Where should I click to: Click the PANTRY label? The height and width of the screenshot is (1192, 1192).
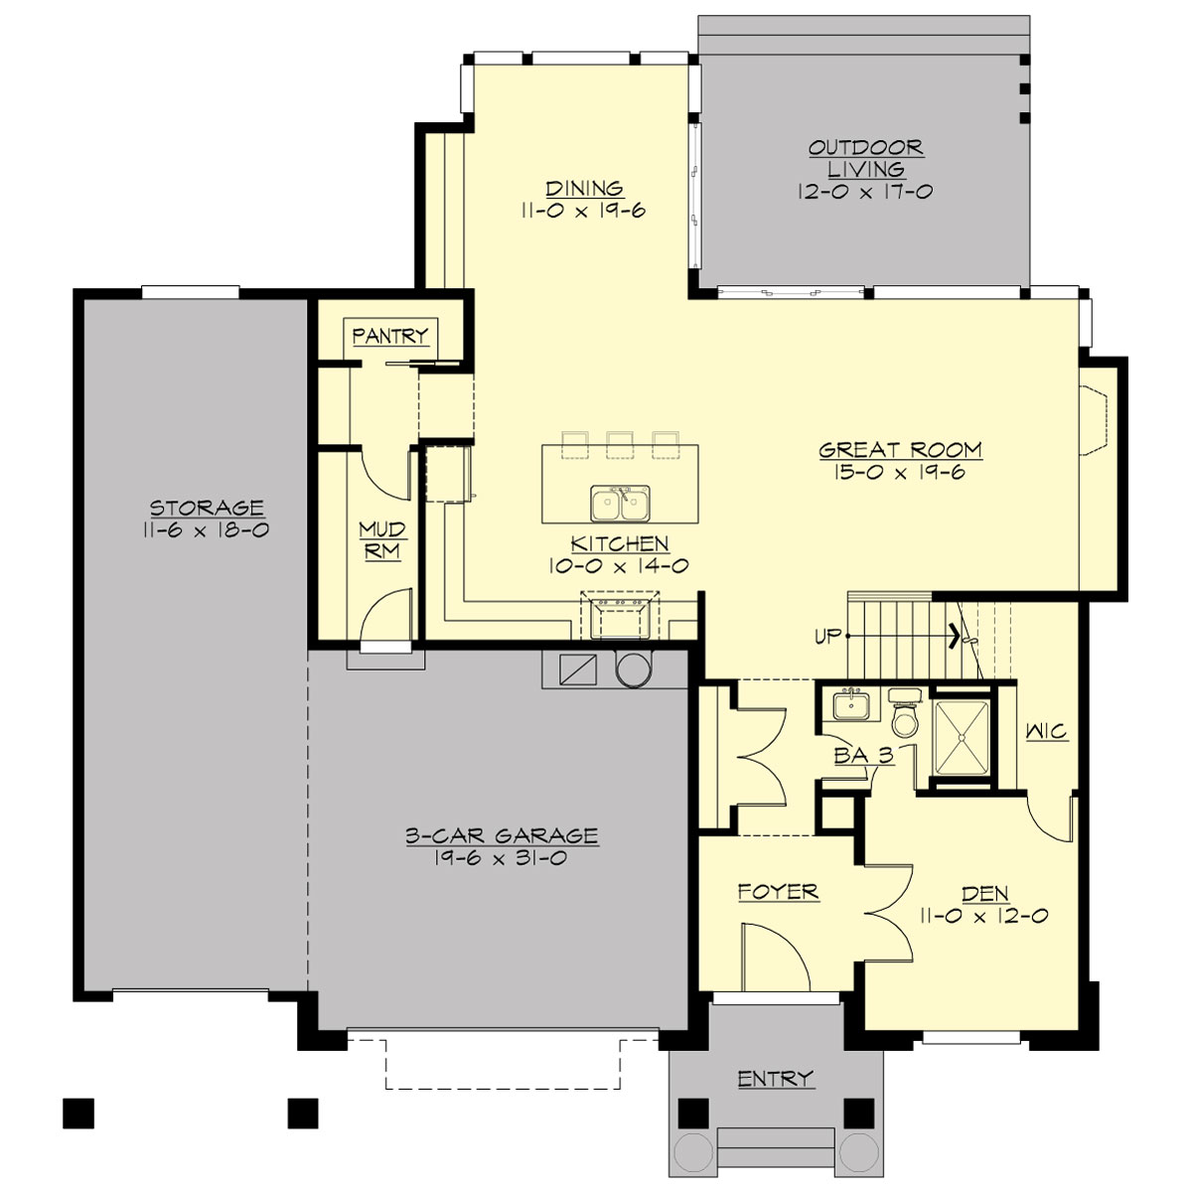[389, 336]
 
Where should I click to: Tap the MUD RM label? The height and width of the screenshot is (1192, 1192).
[381, 540]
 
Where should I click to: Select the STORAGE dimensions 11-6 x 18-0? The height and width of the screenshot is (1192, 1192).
[206, 530]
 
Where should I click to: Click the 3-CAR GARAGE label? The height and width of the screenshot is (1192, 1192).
[502, 836]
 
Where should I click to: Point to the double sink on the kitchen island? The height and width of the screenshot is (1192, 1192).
[620, 504]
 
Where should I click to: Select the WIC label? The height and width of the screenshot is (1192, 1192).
[1046, 732]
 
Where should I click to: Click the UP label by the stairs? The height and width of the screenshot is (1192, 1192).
[828, 636]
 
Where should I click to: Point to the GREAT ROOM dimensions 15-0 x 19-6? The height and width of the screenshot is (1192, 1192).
[900, 473]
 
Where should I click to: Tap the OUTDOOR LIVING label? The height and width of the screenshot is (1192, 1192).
[865, 159]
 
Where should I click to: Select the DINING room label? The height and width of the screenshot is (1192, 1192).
[584, 188]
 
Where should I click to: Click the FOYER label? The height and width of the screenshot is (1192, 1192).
[778, 891]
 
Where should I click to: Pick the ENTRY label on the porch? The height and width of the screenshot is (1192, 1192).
[775, 1078]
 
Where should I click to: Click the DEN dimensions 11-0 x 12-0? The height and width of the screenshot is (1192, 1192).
[984, 917]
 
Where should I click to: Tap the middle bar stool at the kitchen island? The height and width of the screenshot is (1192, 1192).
[620, 444]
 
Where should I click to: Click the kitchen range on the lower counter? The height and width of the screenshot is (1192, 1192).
[621, 615]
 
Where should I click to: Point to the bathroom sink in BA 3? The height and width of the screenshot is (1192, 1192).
[851, 706]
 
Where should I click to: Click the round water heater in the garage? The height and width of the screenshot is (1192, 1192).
[631, 670]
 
